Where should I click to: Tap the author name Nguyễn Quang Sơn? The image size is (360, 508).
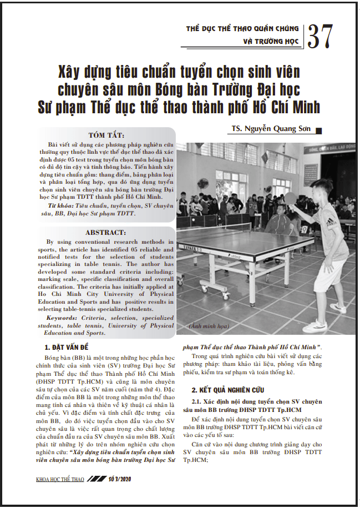point(272,130)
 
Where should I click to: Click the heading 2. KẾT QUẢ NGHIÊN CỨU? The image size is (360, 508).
point(227,390)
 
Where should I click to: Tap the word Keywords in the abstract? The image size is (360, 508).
point(63,319)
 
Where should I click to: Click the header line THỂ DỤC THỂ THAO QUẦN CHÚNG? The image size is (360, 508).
point(242,28)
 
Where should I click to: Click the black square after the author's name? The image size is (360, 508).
point(318,130)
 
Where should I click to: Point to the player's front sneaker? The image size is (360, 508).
point(315,326)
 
